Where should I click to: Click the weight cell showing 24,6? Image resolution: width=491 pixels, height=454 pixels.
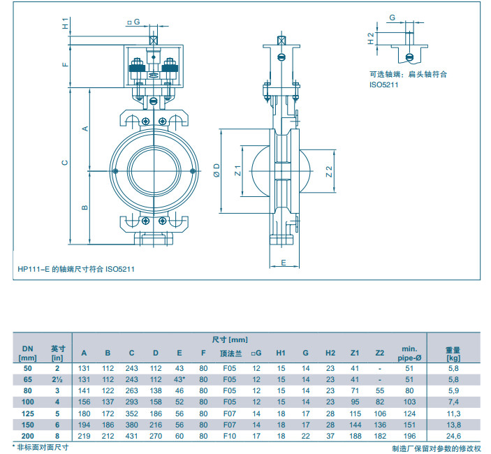point(454,436)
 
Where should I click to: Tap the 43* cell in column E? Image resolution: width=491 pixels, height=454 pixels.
point(179,379)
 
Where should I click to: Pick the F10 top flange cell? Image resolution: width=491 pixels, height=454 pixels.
point(228,436)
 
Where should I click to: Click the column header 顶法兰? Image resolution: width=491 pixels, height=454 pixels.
point(228,353)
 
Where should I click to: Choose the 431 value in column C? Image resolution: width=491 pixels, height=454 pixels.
point(132,436)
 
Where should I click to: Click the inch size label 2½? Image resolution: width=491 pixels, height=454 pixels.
point(58,379)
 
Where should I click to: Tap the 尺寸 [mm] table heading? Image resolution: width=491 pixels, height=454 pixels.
point(229,339)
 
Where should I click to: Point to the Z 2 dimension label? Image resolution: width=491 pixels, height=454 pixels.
point(328,170)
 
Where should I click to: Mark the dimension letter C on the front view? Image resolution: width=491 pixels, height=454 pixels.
point(65,162)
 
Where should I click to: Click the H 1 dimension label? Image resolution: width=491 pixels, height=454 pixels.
point(65,24)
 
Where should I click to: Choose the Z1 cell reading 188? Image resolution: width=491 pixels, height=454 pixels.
point(354,436)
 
